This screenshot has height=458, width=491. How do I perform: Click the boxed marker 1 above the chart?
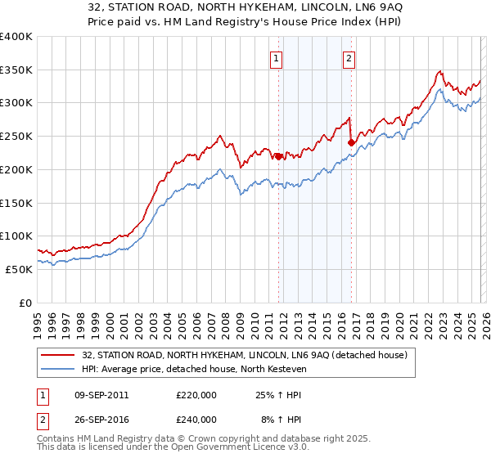(x=277, y=58)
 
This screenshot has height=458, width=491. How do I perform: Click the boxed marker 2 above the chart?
(x=349, y=58)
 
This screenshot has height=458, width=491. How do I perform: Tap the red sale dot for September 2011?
(x=278, y=156)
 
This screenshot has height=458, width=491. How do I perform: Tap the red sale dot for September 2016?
(x=351, y=142)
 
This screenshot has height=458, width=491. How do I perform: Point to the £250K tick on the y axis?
(x=16, y=137)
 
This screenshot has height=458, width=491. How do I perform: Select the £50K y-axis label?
(x=19, y=269)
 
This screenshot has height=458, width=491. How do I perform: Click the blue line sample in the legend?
(x=59, y=370)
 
